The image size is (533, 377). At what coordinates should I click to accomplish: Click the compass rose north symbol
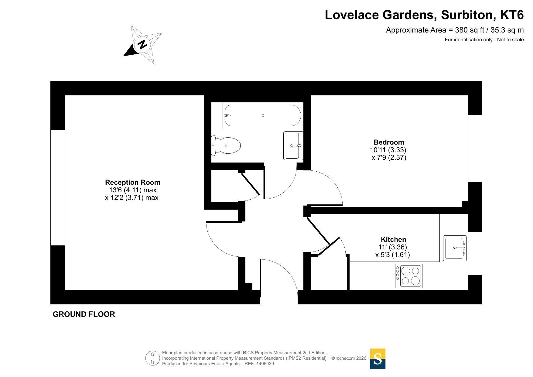(142, 44)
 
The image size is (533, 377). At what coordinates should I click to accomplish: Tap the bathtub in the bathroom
(263, 115)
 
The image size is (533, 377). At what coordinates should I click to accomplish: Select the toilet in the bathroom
(226, 146)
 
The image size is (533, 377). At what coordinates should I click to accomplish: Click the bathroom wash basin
(293, 146)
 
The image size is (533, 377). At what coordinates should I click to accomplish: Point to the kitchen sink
(455, 248)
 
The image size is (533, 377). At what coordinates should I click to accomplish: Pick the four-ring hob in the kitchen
(408, 276)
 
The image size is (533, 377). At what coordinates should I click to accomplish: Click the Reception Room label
(132, 182)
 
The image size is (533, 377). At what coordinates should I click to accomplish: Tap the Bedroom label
(389, 142)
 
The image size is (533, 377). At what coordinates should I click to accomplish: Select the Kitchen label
(393, 239)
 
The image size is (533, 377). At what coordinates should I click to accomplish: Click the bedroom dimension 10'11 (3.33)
(388, 150)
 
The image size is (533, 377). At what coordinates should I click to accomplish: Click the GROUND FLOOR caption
(84, 314)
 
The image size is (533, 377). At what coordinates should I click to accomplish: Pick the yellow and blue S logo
(378, 359)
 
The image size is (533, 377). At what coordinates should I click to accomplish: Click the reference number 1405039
(265, 364)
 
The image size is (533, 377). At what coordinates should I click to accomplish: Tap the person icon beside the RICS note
(152, 358)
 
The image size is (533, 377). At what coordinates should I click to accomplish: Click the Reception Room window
(58, 187)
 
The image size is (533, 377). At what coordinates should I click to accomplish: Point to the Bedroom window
(475, 148)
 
